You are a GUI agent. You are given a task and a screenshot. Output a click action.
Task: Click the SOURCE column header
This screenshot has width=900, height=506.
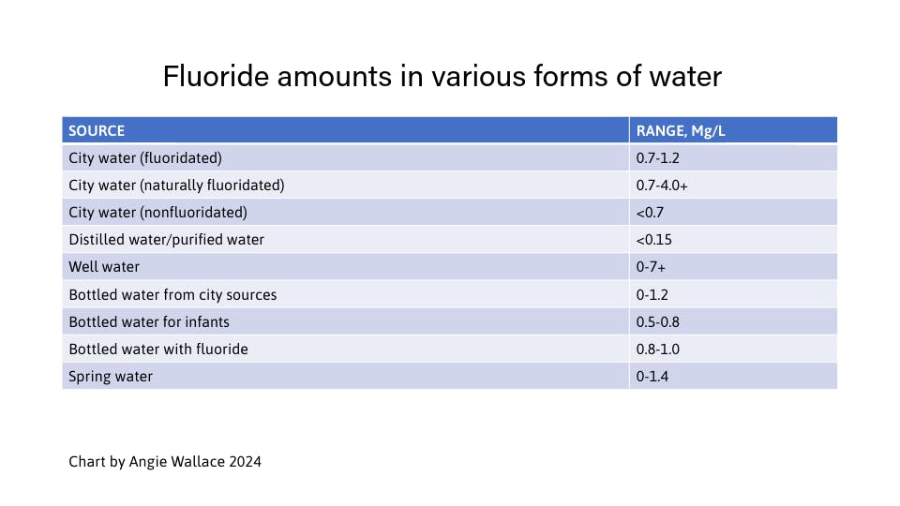point(97,130)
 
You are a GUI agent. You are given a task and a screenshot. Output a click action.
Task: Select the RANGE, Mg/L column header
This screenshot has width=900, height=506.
point(681,130)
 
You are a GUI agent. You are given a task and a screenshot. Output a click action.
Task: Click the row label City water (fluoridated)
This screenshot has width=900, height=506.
point(145,157)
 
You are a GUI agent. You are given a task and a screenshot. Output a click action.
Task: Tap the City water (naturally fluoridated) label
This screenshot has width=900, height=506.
point(176,185)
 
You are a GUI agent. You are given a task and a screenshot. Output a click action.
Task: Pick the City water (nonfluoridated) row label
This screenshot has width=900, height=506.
point(157,212)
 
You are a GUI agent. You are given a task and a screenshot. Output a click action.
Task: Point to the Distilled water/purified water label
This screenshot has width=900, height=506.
point(166,239)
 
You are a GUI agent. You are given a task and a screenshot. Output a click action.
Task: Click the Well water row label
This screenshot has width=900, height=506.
point(104,266)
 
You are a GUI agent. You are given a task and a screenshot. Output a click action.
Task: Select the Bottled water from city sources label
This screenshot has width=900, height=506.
point(172,294)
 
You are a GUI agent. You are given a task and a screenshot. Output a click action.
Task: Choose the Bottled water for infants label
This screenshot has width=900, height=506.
point(149,321)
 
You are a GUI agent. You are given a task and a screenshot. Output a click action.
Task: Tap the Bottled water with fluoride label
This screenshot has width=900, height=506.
point(158,349)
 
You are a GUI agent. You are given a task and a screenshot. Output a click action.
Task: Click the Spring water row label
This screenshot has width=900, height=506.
point(111,376)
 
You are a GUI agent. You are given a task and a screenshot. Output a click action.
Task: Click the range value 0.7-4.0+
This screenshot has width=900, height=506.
point(662,185)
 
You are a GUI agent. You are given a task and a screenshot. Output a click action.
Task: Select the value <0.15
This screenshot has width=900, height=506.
point(653,239)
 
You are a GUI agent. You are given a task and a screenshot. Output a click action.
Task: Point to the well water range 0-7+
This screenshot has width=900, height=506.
point(651,266)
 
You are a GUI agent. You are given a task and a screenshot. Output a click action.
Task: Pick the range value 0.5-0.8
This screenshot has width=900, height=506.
point(657,321)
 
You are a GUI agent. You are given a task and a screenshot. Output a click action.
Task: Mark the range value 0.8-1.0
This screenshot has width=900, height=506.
point(657,349)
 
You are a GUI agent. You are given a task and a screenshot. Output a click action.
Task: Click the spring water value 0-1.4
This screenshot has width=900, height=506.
point(652,376)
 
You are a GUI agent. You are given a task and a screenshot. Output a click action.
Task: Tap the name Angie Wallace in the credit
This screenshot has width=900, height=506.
point(177,462)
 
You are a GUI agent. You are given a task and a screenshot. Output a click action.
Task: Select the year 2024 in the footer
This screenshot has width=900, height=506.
point(245,462)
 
